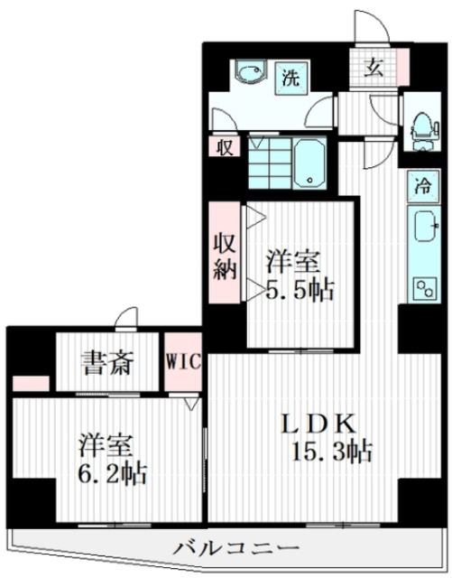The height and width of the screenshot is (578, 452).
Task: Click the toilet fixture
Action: (425, 133)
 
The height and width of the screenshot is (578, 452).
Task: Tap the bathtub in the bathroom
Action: (310, 163)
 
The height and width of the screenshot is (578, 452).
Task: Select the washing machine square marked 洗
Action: (291, 78)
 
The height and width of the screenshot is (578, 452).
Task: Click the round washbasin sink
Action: (250, 71)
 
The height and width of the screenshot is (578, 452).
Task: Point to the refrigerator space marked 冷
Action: (424, 186)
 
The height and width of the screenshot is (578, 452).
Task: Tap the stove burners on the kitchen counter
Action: (426, 288)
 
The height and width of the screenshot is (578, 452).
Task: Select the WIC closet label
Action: (183, 362)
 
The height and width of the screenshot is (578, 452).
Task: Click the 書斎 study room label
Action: (107, 363)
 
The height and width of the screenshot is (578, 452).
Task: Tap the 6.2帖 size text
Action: (113, 472)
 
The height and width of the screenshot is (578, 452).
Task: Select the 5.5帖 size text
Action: (300, 290)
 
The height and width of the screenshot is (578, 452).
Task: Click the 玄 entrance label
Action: (374, 68)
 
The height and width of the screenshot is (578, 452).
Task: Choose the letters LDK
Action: (319, 424)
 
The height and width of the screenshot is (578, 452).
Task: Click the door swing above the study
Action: (126, 317)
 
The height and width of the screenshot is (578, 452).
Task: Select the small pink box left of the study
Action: (31, 384)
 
